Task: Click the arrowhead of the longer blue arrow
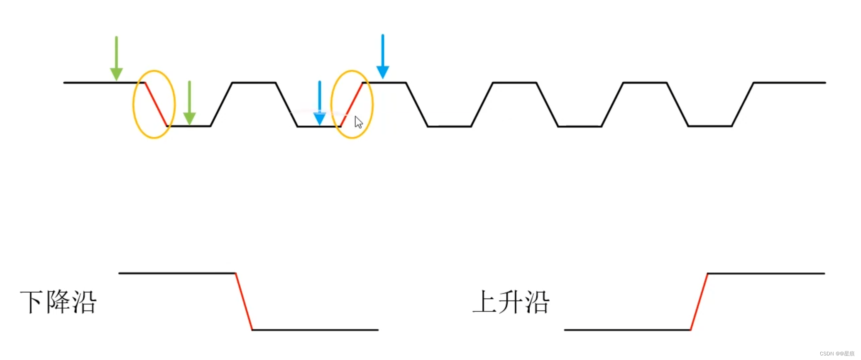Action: (383, 72)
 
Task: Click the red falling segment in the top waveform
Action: (156, 104)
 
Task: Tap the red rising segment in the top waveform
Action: (352, 104)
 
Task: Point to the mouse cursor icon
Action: (359, 122)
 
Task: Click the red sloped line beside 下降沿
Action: (244, 301)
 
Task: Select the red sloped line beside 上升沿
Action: (699, 301)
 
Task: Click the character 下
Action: (32, 302)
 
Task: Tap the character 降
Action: (58, 302)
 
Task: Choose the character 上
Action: (485, 302)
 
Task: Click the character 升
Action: (511, 302)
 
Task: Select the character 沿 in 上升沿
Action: (537, 302)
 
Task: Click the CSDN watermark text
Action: (837, 354)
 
